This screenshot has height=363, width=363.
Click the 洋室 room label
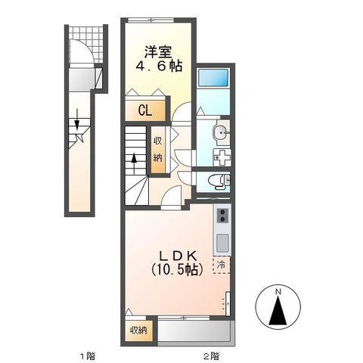(158, 52)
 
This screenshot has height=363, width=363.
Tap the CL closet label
(145, 110)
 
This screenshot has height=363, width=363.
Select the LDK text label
(178, 256)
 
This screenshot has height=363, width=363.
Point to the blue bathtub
(213, 77)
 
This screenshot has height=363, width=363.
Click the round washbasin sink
(222, 132)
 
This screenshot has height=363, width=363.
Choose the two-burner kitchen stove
(222, 216)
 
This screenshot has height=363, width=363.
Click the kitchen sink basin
(222, 241)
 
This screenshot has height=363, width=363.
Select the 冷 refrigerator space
(222, 265)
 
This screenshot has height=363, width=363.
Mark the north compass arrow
(278, 310)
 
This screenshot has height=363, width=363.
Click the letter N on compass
(278, 292)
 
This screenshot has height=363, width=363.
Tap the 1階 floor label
(88, 356)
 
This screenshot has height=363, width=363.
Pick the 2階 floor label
(211, 356)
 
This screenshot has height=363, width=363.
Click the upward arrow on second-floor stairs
(134, 163)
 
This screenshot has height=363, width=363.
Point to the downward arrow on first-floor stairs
(76, 119)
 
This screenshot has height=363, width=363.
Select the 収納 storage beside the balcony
(138, 330)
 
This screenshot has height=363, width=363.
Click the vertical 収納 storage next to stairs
(158, 150)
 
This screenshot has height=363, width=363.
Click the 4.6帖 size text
(159, 67)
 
